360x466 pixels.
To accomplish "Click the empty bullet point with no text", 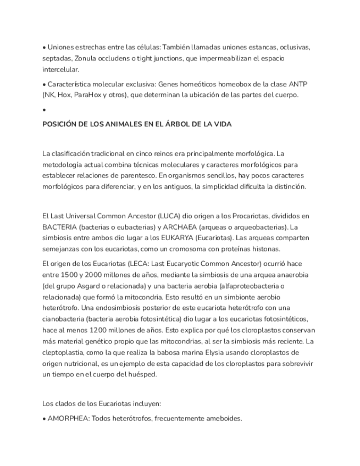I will point(44,110).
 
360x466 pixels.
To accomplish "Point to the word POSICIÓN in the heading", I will point(61,124).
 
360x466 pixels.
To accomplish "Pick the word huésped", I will point(142,374).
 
